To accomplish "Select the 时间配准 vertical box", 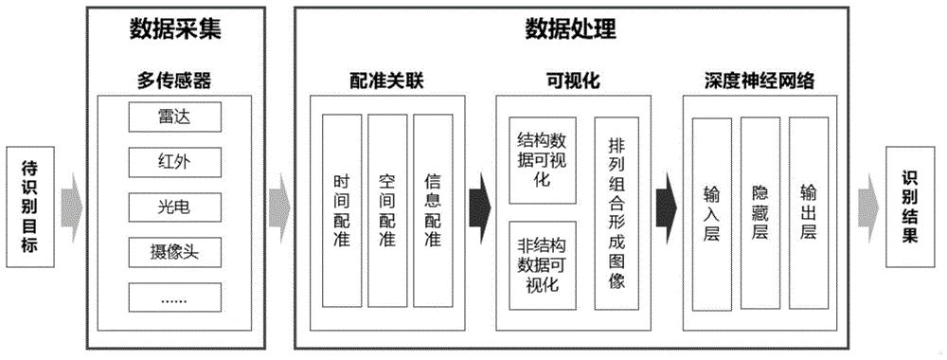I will point(342,211).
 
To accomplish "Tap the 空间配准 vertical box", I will point(386,211).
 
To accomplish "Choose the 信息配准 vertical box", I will point(432,211).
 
